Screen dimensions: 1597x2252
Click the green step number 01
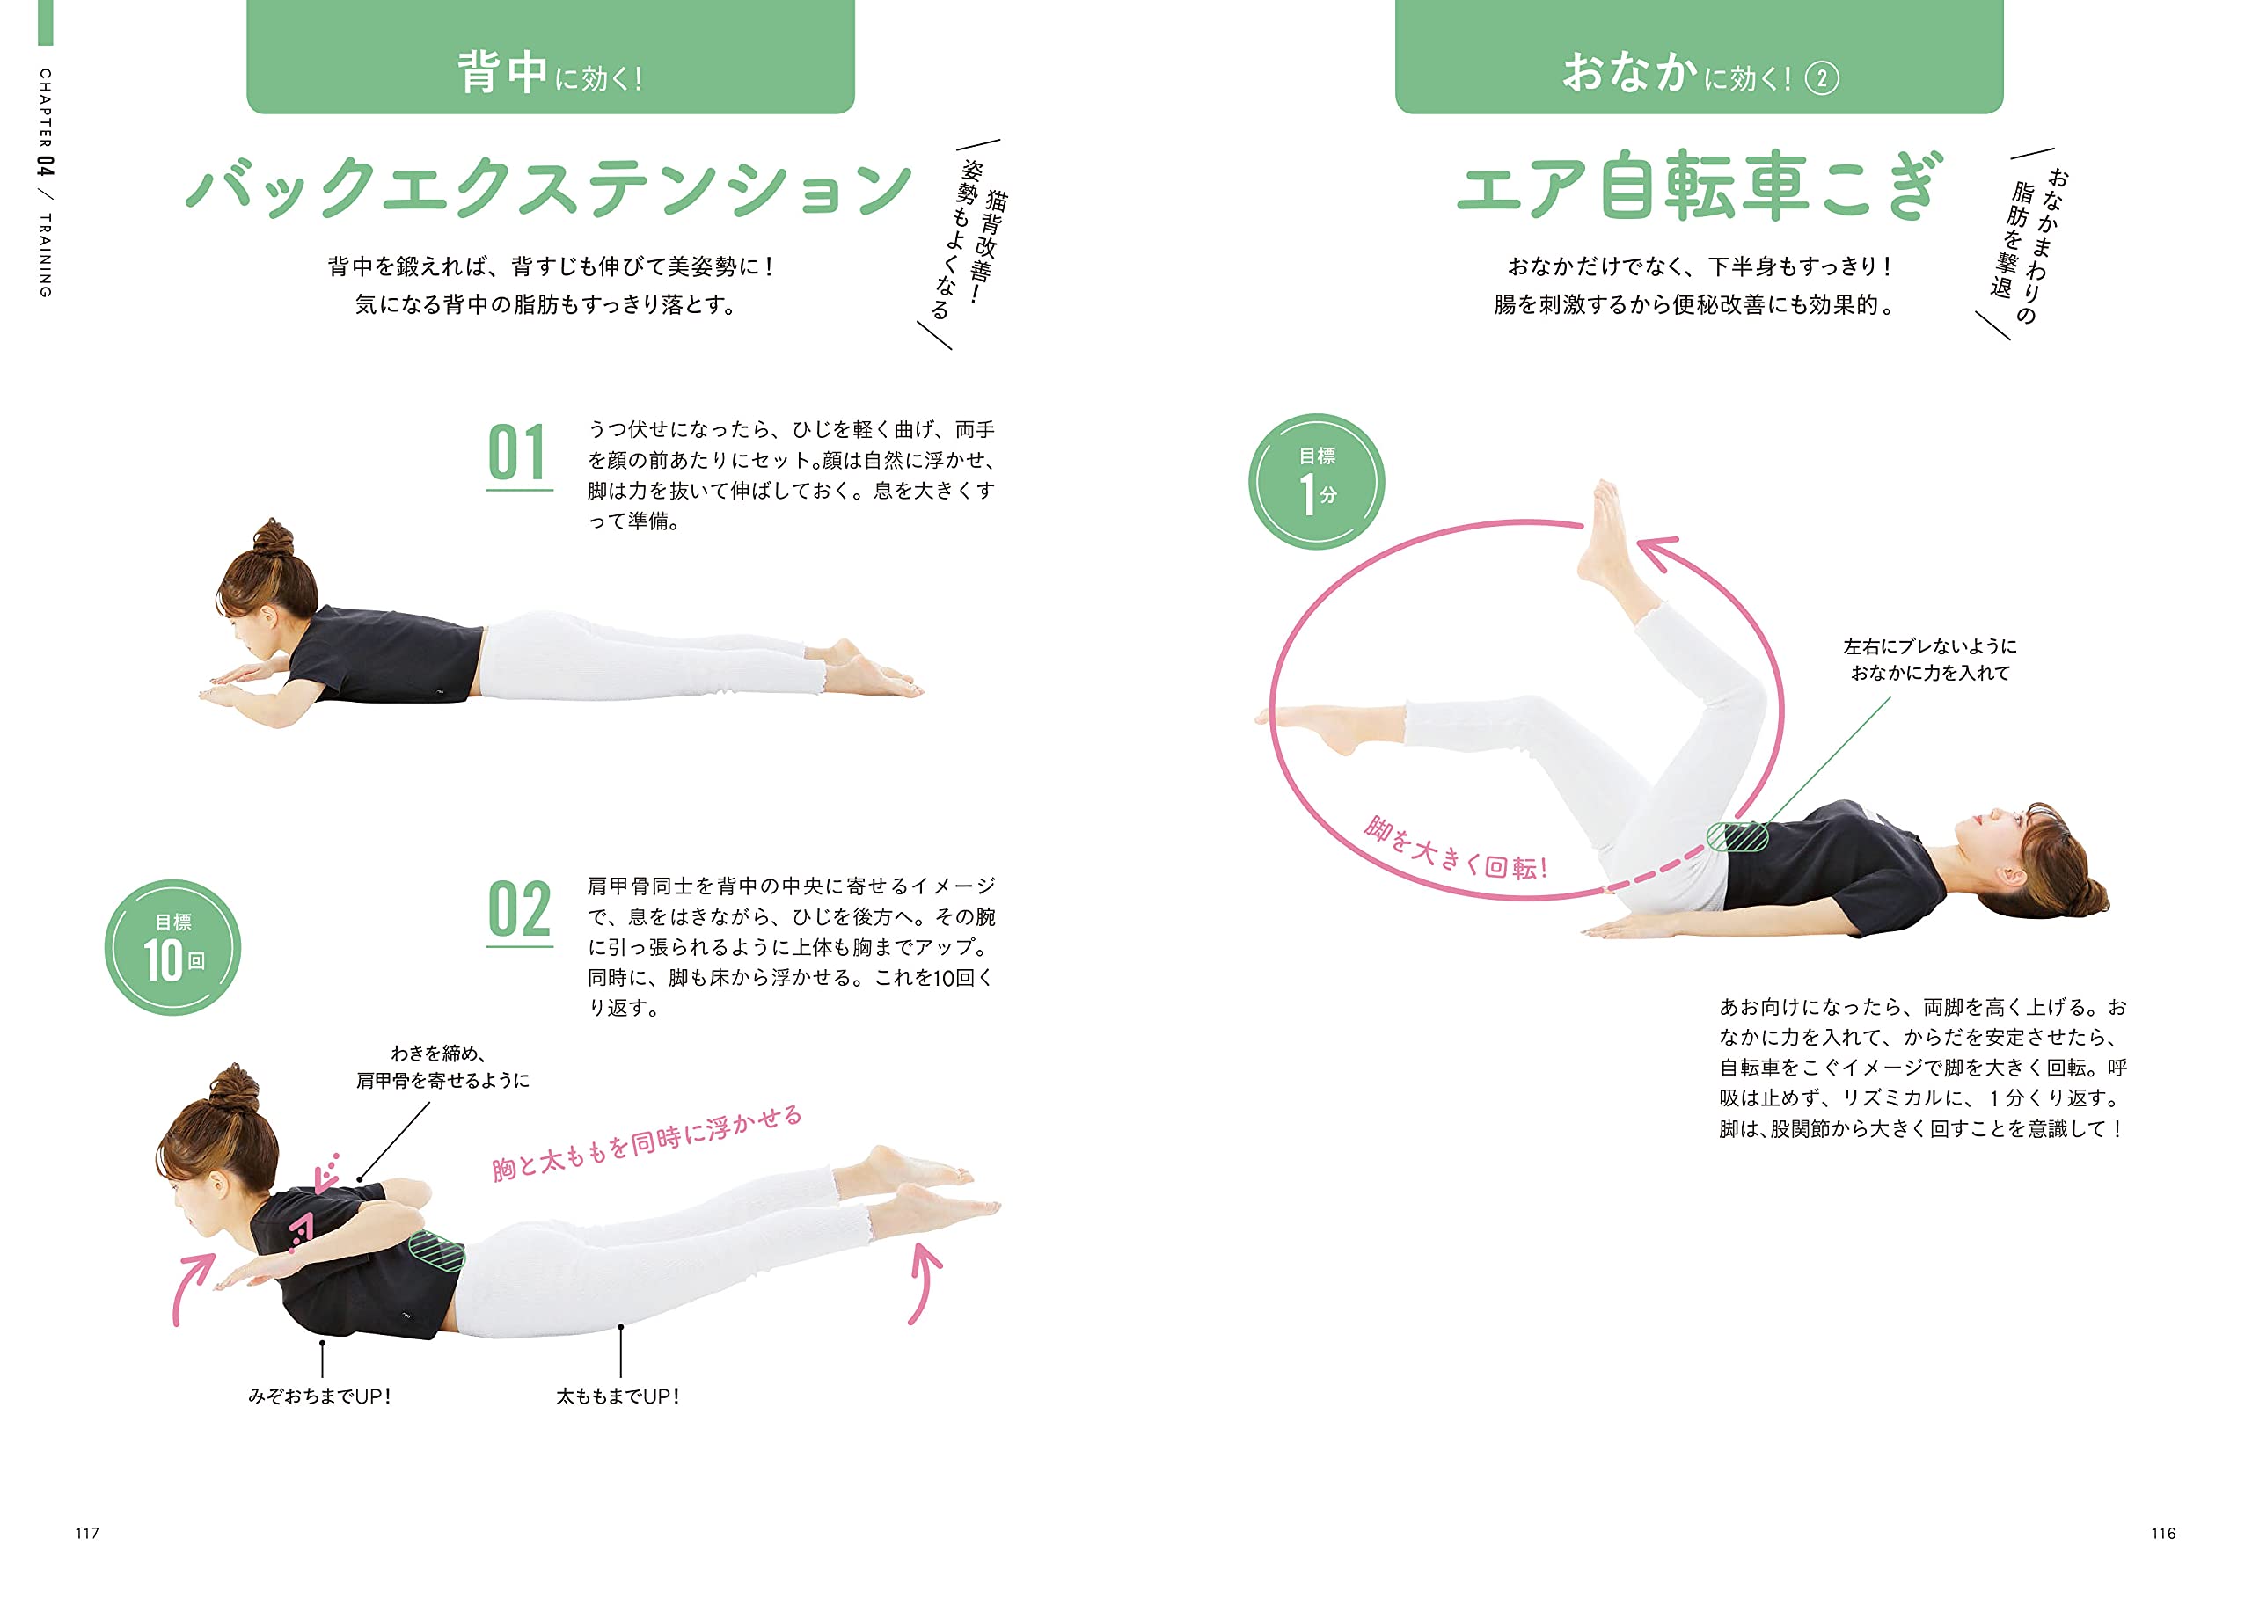pos(517,454)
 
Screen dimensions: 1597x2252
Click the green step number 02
pos(518,910)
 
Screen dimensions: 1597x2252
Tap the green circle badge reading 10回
pos(173,947)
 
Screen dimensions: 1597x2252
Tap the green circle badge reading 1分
pos(1316,481)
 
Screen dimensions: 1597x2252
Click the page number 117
pos(86,1533)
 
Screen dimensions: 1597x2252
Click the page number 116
pos(2162,1533)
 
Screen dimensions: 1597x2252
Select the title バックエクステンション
pos(549,186)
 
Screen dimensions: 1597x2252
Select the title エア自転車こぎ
pos(1698,186)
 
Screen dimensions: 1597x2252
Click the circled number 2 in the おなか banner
pos(1821,78)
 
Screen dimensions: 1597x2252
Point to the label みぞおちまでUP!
pos(319,1396)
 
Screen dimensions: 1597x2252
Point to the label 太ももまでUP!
pos(618,1396)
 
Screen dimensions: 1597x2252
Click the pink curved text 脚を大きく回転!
pos(1455,849)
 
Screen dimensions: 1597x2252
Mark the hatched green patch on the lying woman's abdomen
pos(1737,835)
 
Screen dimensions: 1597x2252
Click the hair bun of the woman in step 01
pos(274,536)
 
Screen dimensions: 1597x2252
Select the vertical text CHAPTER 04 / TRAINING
pos(45,182)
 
